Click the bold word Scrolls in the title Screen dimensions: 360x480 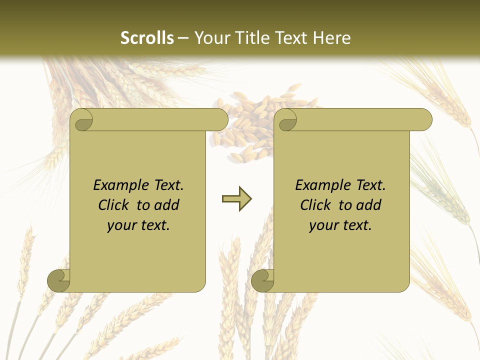[x=147, y=38]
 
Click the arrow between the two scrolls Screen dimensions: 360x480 [x=237, y=199]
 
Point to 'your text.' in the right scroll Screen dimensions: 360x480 [x=340, y=225]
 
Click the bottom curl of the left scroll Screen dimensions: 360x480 [x=59, y=280]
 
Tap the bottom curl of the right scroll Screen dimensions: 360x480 [x=262, y=280]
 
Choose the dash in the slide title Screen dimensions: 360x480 [x=183, y=38]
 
